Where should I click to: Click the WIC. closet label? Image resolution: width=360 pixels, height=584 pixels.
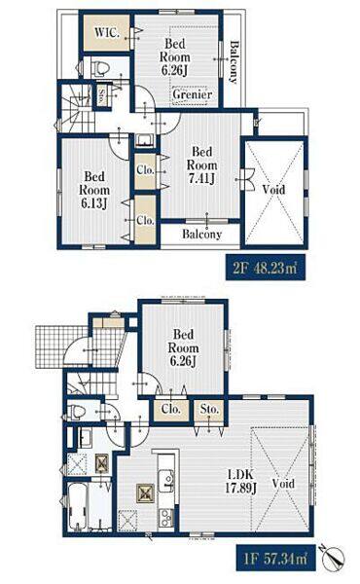(107, 32)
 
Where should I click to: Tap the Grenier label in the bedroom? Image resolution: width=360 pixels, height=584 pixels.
(192, 94)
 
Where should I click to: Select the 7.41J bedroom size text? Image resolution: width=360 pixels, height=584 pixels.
(201, 179)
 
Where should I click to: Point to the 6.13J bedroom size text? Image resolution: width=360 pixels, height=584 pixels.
(94, 203)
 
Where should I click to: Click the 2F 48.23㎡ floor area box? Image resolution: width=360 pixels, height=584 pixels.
(265, 268)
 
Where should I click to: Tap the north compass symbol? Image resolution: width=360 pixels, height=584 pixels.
(332, 558)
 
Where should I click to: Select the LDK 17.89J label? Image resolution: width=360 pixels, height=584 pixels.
(241, 481)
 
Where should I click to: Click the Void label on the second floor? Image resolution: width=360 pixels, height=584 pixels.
(273, 189)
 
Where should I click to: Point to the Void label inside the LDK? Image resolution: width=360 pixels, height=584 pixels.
(283, 484)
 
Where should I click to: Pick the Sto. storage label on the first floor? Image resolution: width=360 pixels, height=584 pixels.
(209, 409)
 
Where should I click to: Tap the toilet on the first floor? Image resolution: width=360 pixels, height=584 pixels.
(78, 412)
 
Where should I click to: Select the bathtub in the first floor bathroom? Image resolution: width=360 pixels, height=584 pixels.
(78, 506)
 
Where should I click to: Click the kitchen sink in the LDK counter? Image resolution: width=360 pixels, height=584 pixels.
(166, 482)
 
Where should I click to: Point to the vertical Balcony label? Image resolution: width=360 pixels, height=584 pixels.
(234, 62)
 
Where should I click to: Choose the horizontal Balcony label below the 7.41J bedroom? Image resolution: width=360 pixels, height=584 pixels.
(201, 234)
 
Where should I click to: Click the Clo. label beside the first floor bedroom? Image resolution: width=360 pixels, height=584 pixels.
(171, 409)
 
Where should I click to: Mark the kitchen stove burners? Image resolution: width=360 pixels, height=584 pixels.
(165, 517)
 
